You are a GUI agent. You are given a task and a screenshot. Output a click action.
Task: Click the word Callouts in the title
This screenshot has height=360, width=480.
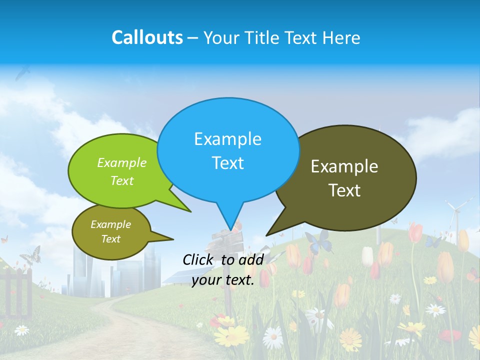tap(147, 37)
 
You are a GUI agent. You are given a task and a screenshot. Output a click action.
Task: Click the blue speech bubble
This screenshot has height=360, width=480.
tap(228, 150)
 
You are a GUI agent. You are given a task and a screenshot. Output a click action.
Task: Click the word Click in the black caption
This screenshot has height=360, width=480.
tap(198, 259)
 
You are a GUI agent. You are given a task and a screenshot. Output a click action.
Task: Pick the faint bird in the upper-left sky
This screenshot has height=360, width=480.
tap(22, 73)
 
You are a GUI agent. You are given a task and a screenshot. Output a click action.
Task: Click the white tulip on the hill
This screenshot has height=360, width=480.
tap(367, 256)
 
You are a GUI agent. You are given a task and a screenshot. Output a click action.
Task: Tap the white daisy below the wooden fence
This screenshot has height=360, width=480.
tap(21, 330)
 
